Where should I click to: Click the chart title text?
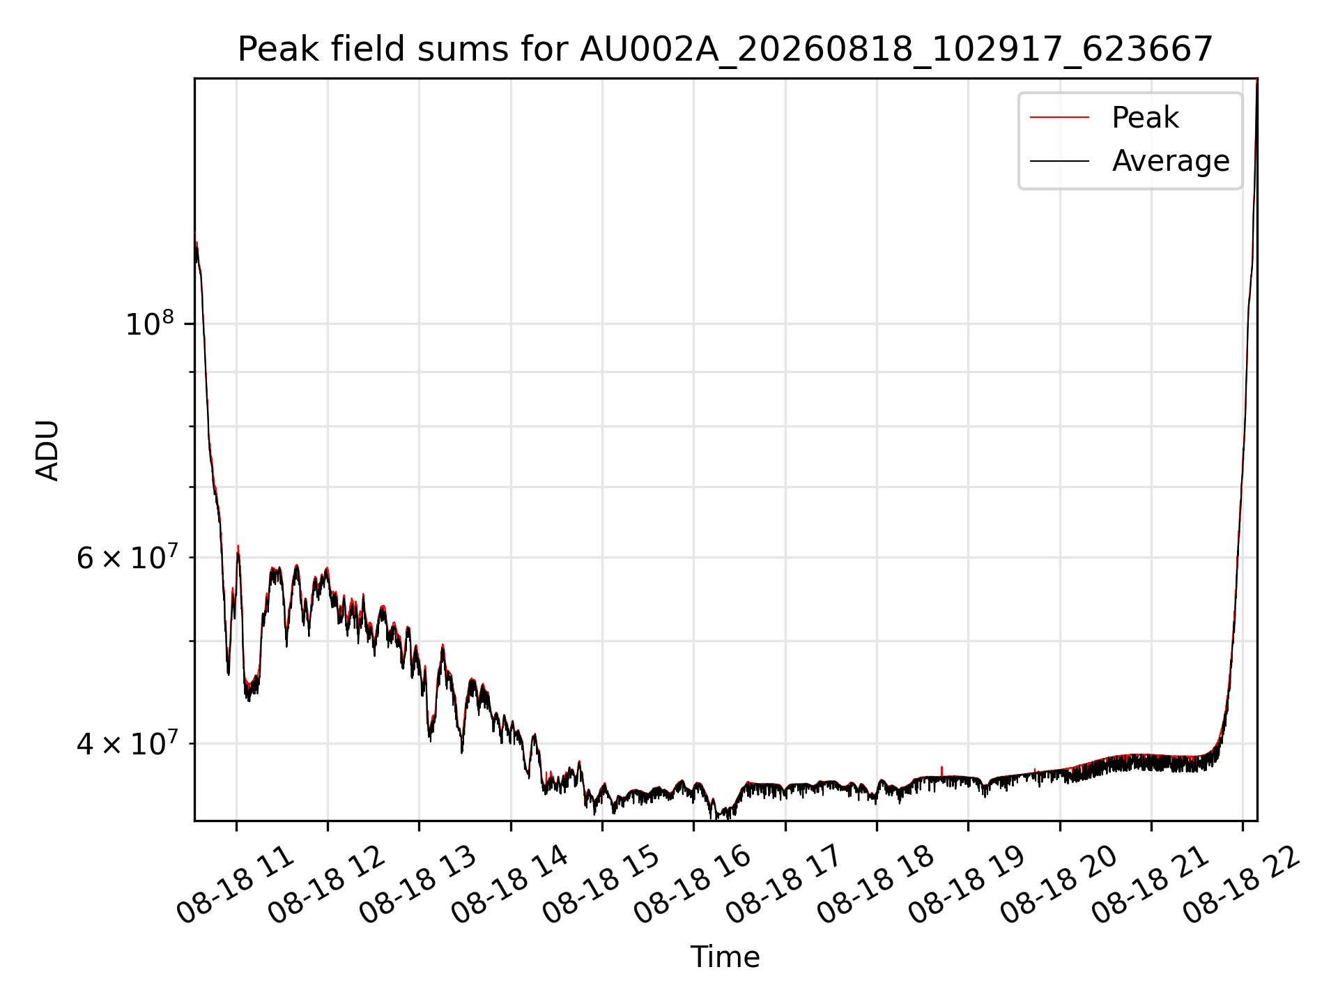click(x=725, y=50)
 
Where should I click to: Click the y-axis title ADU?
click(x=47, y=450)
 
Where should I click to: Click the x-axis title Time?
click(x=725, y=957)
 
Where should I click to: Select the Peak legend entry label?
click(x=1145, y=117)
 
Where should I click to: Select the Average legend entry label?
click(x=1171, y=161)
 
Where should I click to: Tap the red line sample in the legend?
click(x=1059, y=118)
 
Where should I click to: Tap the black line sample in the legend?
click(x=1059, y=161)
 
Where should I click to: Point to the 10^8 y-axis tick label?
click(x=150, y=324)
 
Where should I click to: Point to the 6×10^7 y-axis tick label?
click(x=126, y=557)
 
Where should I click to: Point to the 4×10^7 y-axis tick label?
click(x=126, y=743)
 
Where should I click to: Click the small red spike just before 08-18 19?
click(x=941, y=771)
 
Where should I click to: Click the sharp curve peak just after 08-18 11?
click(x=238, y=547)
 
